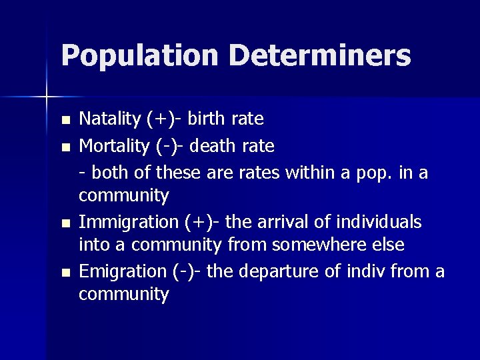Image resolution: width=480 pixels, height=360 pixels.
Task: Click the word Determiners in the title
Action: pyautogui.click(x=320, y=56)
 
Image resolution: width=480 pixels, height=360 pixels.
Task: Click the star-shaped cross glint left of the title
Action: pyautogui.click(x=47, y=98)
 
